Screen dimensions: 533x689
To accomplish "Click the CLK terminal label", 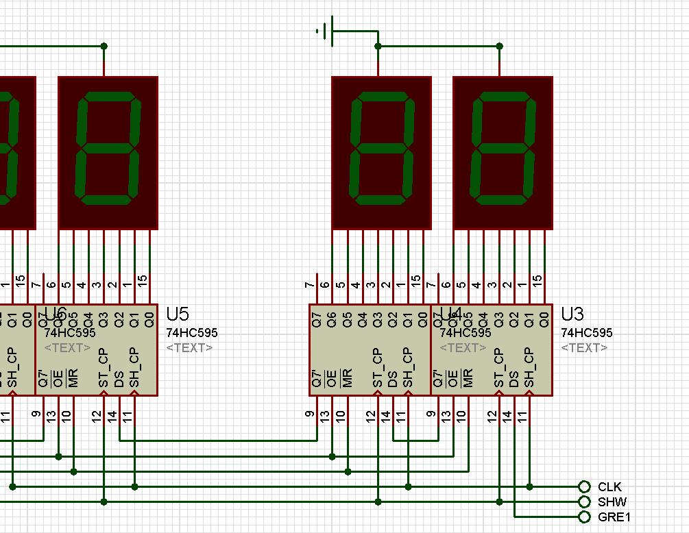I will pyautogui.click(x=609, y=487).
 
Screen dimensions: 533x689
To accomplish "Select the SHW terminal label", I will pyautogui.click(x=612, y=502).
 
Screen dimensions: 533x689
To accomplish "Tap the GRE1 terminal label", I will pyautogui.click(x=614, y=517).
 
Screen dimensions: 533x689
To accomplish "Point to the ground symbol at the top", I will pyautogui.click(x=326, y=31).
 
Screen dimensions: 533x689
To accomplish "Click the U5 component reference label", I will pyautogui.click(x=177, y=314).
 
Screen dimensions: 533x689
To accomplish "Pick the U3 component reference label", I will pyautogui.click(x=572, y=314).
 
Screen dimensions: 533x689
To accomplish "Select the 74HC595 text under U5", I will pyautogui.click(x=191, y=333).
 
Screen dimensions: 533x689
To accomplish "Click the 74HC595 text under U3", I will pyautogui.click(x=587, y=333).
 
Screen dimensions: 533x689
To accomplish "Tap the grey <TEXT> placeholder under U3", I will pyautogui.click(x=584, y=348).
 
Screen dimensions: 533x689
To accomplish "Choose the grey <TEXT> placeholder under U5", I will pyautogui.click(x=189, y=348).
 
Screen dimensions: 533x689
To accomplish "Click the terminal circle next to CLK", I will pyautogui.click(x=584, y=487).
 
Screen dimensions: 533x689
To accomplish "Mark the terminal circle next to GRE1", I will pyautogui.click(x=584, y=517).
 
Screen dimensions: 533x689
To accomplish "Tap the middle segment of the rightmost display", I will pyautogui.click(x=503, y=149).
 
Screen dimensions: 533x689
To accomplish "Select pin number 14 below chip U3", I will pyautogui.click(x=507, y=415).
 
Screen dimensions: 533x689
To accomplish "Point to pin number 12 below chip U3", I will pyautogui.click(x=492, y=415).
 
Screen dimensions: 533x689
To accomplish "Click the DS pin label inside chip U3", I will pyautogui.click(x=514, y=380).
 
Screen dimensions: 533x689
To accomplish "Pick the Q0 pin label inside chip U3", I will pyautogui.click(x=544, y=320).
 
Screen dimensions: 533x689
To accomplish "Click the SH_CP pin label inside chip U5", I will pyautogui.click(x=134, y=368).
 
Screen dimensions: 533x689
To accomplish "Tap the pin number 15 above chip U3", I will pyautogui.click(x=538, y=281).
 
